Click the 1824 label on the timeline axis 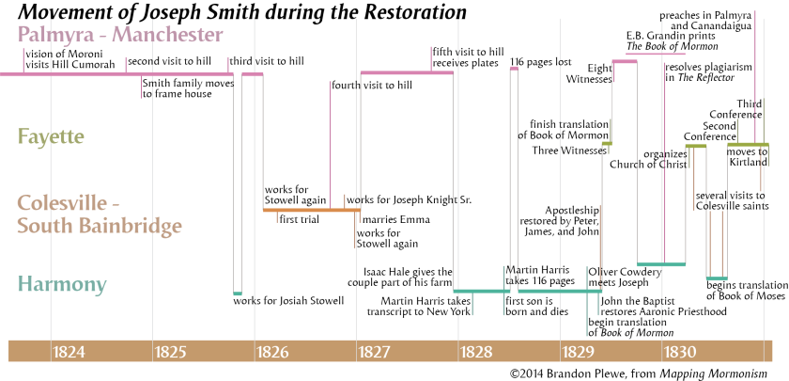pos(70,353)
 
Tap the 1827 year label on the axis pos(376,353)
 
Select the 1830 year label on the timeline pos(680,353)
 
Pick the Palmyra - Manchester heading pos(119,36)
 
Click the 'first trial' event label pos(303,220)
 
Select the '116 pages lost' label pos(541,63)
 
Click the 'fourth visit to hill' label pos(372,85)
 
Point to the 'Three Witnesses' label pos(569,151)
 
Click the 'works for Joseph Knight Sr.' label pos(409,199)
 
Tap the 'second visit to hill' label pos(169,62)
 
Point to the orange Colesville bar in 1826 pos(310,210)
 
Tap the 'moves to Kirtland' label pos(748,157)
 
